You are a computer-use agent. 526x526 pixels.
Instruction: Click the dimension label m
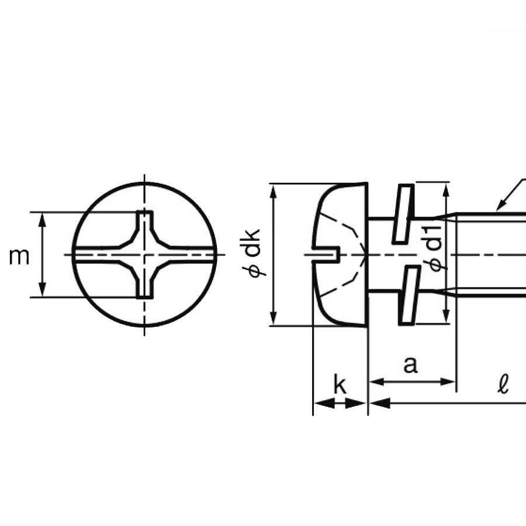pos(19,256)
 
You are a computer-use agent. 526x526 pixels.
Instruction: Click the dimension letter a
pos(411,365)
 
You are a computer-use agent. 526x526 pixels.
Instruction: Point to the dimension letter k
pos(339,386)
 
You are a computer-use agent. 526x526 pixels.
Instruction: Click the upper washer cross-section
pos(403,213)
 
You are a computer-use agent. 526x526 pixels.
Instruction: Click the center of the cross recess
pos(144,255)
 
